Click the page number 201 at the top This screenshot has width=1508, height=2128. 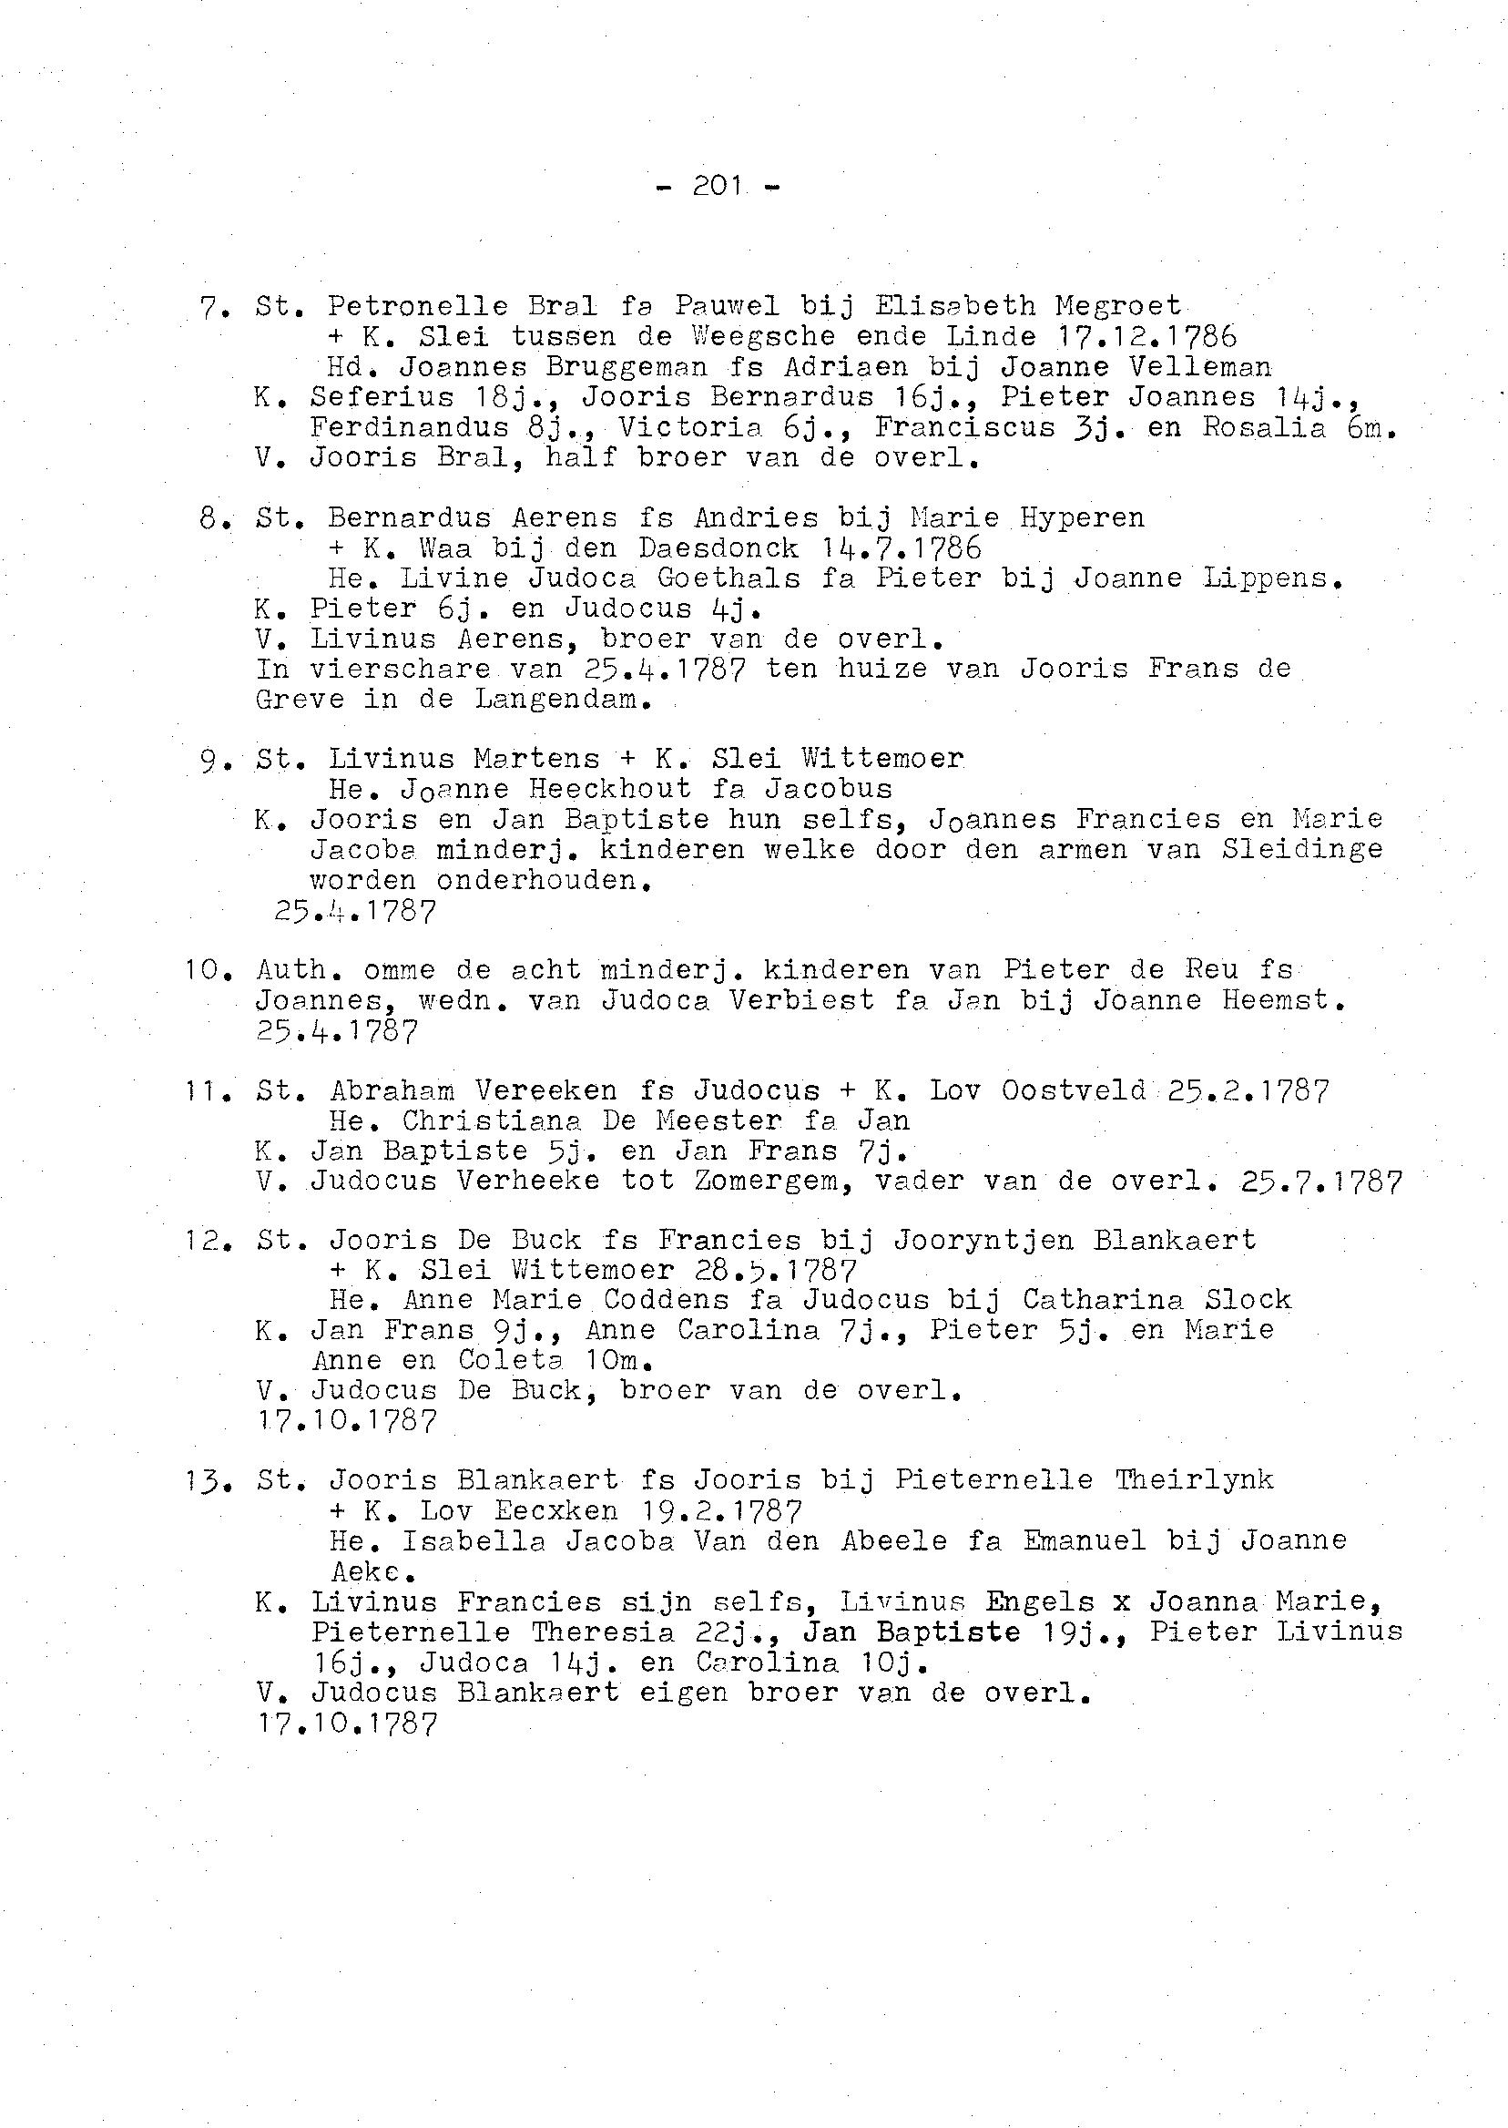point(717,187)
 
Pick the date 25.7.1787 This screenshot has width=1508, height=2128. point(1320,1182)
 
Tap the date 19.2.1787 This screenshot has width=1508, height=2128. point(723,1510)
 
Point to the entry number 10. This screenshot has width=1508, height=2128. point(201,970)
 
